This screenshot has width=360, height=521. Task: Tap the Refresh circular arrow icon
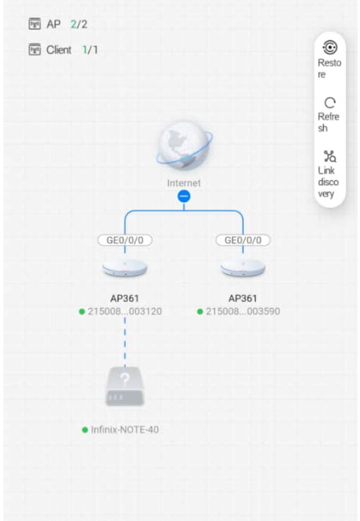point(329,103)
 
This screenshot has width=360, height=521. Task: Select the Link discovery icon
point(329,157)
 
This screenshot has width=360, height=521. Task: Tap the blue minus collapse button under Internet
point(184,197)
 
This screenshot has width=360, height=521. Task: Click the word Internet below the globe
point(184,183)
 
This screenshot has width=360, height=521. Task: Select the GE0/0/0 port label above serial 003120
point(125,240)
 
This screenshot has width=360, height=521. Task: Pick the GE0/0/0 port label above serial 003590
point(243,240)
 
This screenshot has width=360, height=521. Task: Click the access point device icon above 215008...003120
point(125,268)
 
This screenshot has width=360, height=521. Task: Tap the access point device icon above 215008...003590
point(243,268)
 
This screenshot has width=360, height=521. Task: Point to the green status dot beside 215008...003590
point(200,311)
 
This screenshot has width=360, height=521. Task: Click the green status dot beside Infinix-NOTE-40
point(85,430)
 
